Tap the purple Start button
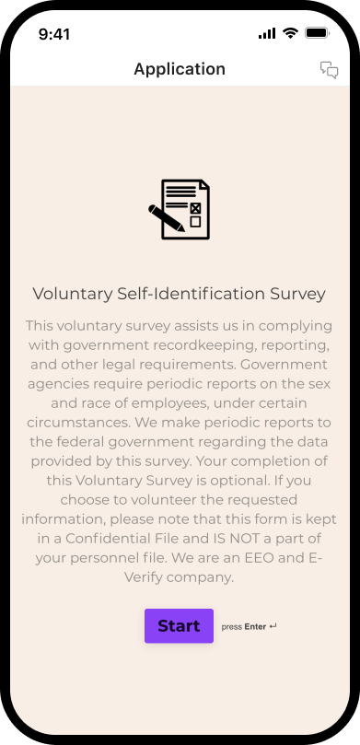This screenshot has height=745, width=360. (x=179, y=625)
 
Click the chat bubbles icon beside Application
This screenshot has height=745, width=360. (x=329, y=70)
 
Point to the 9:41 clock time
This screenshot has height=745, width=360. (x=54, y=33)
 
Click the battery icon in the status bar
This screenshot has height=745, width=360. (x=317, y=33)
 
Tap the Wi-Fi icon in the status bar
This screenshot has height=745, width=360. (x=290, y=33)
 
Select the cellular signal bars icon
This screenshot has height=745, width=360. (x=267, y=33)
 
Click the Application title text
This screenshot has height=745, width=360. (x=180, y=69)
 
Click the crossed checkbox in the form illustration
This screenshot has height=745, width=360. (x=195, y=208)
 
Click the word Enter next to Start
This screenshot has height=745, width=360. (x=255, y=627)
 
